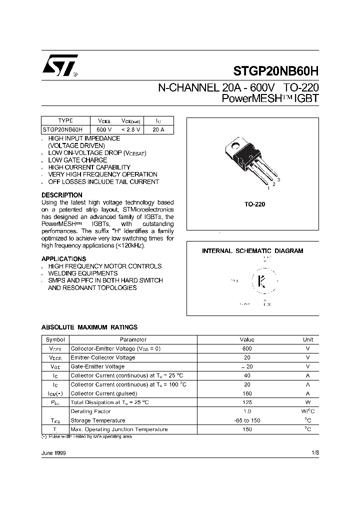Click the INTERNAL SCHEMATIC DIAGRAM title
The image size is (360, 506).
(252, 251)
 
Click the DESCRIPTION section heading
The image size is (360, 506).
(62, 195)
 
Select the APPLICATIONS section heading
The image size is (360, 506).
(64, 259)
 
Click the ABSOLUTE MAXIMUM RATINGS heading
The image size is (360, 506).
(89, 327)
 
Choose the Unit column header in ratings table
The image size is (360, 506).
(308, 339)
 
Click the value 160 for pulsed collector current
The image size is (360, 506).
(246, 393)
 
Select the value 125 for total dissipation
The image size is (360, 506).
(246, 402)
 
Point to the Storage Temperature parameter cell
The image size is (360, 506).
(98, 420)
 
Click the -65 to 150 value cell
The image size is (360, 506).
(246, 420)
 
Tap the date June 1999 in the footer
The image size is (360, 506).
(53, 452)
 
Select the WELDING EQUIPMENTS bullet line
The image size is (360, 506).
(83, 273)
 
